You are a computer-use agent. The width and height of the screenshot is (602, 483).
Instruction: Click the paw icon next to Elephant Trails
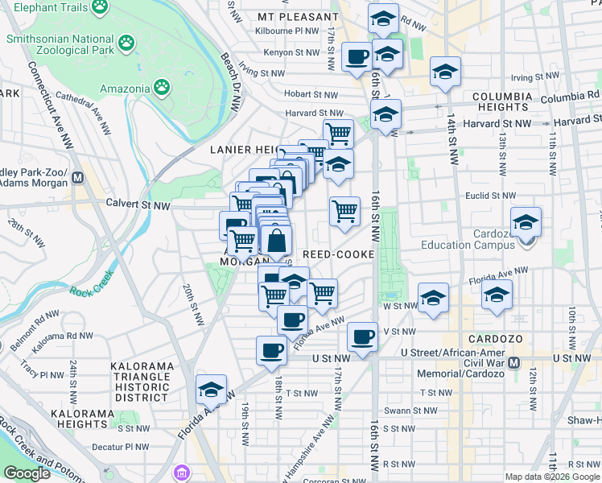tap(100, 7)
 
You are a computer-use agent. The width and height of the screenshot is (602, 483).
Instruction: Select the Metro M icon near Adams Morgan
tap(77, 177)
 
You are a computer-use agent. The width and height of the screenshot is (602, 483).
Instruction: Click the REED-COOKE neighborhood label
tap(338, 254)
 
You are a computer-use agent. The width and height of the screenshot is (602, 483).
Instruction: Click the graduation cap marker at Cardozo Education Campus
tap(526, 221)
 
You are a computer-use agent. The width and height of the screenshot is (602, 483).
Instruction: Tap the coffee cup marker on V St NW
tap(362, 334)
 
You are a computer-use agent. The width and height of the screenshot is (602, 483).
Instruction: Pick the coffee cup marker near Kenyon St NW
tap(357, 57)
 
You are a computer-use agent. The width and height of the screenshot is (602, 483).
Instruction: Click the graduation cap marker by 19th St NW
tap(211, 390)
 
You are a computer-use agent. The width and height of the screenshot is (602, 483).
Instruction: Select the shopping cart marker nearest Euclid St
tap(344, 212)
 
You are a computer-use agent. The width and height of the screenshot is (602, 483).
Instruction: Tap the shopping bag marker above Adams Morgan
tap(276, 240)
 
